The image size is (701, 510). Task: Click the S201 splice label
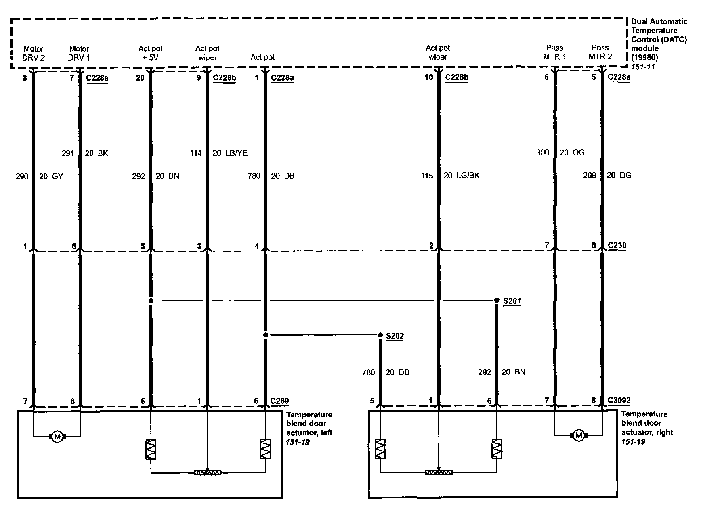(512, 301)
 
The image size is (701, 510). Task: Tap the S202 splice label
(395, 336)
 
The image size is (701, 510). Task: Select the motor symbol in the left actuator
(57, 436)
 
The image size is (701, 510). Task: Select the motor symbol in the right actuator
(579, 435)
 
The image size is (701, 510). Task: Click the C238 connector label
(617, 245)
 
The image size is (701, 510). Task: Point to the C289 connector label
(279, 401)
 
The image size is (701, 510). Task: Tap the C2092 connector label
(619, 400)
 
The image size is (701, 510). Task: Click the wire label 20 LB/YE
(230, 153)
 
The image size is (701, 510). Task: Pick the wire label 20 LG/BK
(462, 176)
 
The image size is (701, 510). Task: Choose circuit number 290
(22, 176)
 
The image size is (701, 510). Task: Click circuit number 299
(590, 176)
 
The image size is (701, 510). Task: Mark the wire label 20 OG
(572, 153)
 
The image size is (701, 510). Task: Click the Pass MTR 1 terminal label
(554, 52)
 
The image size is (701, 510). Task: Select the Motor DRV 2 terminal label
(34, 53)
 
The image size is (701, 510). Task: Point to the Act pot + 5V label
(150, 53)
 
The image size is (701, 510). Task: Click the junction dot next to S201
(496, 301)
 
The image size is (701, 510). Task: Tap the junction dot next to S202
(380, 335)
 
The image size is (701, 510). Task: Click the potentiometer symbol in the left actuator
(208, 472)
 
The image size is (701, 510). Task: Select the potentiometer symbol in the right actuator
(439, 472)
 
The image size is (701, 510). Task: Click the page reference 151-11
(643, 66)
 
